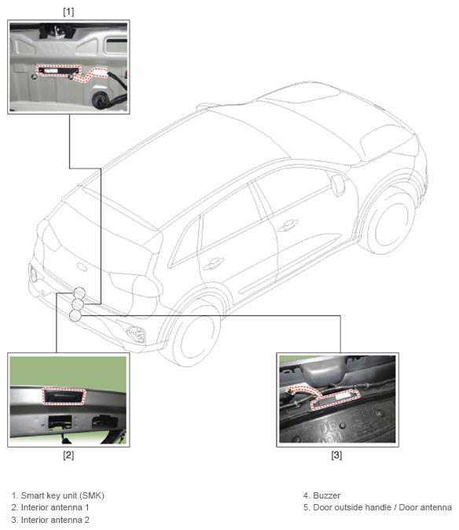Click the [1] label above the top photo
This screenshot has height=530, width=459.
pyautogui.click(x=68, y=12)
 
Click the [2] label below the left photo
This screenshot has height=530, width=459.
pyautogui.click(x=68, y=455)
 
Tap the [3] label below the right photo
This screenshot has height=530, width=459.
pyautogui.click(x=336, y=455)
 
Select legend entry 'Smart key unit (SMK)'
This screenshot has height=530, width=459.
pyautogui.click(x=57, y=495)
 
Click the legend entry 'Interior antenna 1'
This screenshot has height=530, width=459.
pyautogui.click(x=50, y=507)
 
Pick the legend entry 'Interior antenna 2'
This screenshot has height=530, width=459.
pyautogui.click(x=50, y=520)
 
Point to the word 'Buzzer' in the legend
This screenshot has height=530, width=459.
pyautogui.click(x=327, y=495)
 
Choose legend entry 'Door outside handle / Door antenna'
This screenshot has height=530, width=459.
pyautogui.click(x=377, y=507)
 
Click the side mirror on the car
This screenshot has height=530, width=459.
pyautogui.click(x=338, y=185)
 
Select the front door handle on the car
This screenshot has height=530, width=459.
pyautogui.click(x=288, y=225)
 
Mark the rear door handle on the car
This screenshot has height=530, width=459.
pyautogui.click(x=213, y=263)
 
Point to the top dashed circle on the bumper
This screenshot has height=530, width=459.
pyautogui.click(x=79, y=293)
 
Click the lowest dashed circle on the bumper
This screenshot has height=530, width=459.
pyautogui.click(x=75, y=315)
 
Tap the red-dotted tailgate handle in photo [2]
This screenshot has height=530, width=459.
pyautogui.click(x=64, y=396)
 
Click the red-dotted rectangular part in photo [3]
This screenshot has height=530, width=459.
pyautogui.click(x=334, y=399)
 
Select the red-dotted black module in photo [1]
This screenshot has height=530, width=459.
pyautogui.click(x=58, y=71)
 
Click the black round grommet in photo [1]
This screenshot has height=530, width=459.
pyautogui.click(x=101, y=99)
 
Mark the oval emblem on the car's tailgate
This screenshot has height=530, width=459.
pyautogui.click(x=83, y=267)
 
